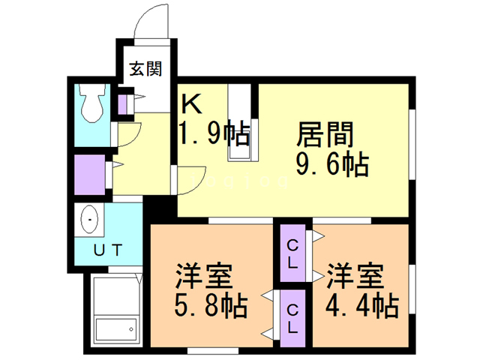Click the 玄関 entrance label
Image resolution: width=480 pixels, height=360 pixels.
[145, 69]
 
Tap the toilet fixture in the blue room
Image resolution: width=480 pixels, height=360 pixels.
[91, 103]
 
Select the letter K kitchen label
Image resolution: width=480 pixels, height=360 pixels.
[192, 103]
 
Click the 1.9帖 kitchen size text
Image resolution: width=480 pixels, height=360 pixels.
[214, 133]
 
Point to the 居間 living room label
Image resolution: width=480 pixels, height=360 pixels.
[325, 134]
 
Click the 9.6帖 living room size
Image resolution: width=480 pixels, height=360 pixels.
[332, 164]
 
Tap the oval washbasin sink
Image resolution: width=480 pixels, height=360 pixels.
[89, 219]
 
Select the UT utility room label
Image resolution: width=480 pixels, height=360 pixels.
[108, 250]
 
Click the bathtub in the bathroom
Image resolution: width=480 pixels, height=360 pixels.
[116, 331]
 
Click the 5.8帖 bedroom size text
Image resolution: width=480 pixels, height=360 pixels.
[211, 305]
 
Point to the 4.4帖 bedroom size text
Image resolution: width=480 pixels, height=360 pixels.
[362, 305]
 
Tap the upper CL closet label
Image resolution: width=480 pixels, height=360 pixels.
[292, 253]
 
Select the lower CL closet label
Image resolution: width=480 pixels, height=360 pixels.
[292, 319]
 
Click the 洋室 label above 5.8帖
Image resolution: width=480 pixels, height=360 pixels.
[204, 276]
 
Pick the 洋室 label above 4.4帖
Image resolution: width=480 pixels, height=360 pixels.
[355, 276]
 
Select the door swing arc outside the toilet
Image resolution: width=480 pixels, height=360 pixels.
[136, 138]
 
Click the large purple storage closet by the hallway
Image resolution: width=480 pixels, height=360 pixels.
[90, 175]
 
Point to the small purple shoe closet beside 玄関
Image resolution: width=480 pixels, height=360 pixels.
[122, 105]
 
